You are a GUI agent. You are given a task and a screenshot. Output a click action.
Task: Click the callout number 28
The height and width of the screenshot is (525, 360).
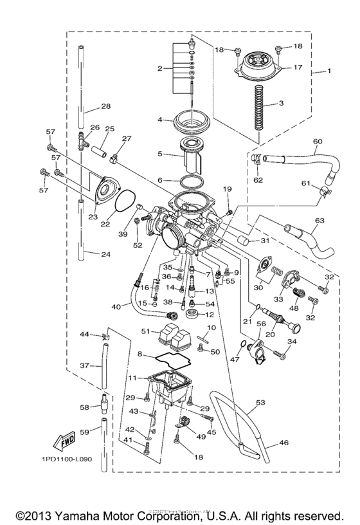tap(105, 106)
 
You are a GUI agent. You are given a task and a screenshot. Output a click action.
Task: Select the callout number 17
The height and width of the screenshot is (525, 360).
tap(297, 67)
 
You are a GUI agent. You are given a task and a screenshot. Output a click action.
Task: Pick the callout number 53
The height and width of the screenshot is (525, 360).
tap(259, 403)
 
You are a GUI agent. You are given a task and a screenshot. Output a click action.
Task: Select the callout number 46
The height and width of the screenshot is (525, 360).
tap(283, 444)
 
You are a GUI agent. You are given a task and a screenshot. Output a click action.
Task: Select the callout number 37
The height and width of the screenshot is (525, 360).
tap(84, 365)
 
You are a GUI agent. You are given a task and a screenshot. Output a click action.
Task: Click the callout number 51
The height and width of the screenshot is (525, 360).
tap(145, 331)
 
